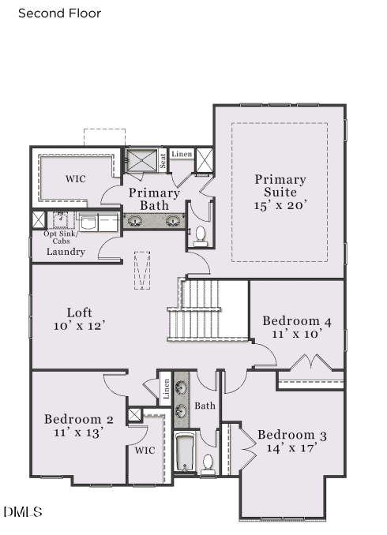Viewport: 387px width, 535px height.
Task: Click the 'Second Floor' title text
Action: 59,13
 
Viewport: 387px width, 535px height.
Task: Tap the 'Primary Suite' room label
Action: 280,186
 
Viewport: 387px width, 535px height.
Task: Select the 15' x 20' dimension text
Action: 280,204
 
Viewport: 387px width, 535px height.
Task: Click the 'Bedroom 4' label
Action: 297,321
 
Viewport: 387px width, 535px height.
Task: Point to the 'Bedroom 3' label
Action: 291,436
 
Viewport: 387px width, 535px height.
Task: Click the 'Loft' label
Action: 80,312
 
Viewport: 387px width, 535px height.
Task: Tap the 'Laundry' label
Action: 66,252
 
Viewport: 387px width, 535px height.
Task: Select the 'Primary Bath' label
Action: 154,199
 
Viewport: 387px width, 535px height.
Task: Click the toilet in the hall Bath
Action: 209,463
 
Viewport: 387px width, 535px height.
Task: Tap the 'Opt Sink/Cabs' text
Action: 61,237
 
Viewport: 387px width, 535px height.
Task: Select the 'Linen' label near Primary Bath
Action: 182,154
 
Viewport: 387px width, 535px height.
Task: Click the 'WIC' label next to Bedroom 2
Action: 145,451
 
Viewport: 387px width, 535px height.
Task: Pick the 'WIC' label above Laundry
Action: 75,179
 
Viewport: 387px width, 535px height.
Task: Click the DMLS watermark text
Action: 23,513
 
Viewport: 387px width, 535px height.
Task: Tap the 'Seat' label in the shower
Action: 163,160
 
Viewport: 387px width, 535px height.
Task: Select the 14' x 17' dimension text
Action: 291,448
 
